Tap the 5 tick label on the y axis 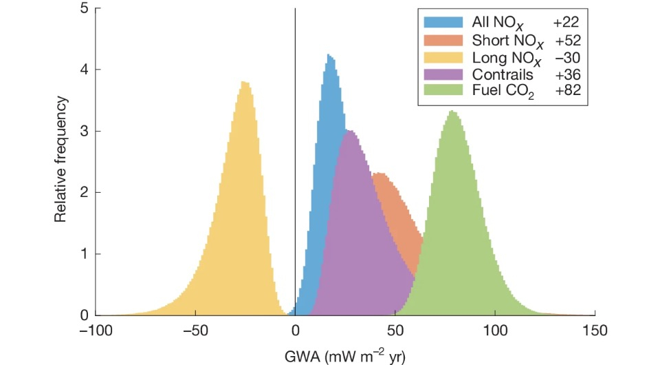pos(83,9)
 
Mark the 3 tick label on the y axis pos(83,131)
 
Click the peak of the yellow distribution pos(244,83)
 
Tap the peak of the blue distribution pos(329,56)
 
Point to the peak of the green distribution pos(451,112)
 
